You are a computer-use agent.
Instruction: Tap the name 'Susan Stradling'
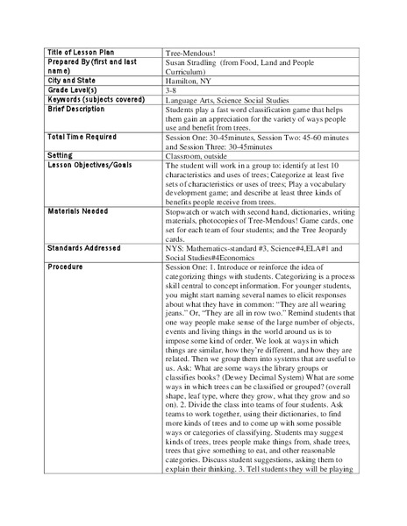(x=195, y=64)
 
